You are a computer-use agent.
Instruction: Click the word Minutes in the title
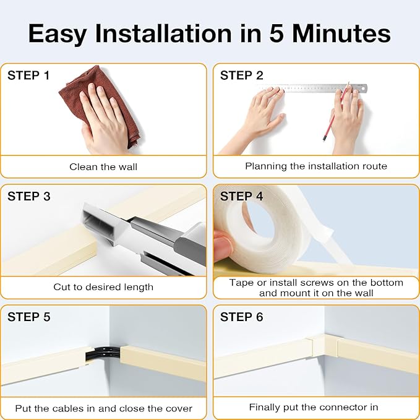[x=341, y=33]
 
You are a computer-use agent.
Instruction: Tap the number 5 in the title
[x=276, y=33]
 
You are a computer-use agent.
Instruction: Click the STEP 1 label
[x=28, y=75]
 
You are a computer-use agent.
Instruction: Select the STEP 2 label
[x=242, y=75]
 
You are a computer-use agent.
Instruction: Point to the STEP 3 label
[x=28, y=196]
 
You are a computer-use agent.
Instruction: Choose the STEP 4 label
[x=242, y=196]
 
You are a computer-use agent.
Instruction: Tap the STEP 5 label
[x=28, y=317]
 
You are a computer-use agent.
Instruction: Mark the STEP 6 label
[x=242, y=317]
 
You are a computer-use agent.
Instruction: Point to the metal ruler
[x=311, y=88]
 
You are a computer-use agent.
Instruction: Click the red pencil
[x=336, y=112]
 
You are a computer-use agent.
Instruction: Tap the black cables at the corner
[x=103, y=353]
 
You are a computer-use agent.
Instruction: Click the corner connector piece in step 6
[x=325, y=346]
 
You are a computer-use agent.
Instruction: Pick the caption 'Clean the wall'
[x=103, y=167]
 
